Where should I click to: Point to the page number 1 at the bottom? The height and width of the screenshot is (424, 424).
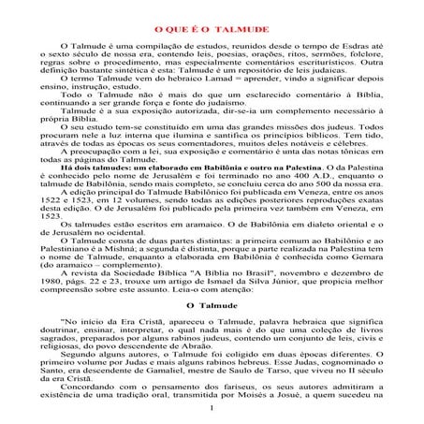click(x=213, y=407)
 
